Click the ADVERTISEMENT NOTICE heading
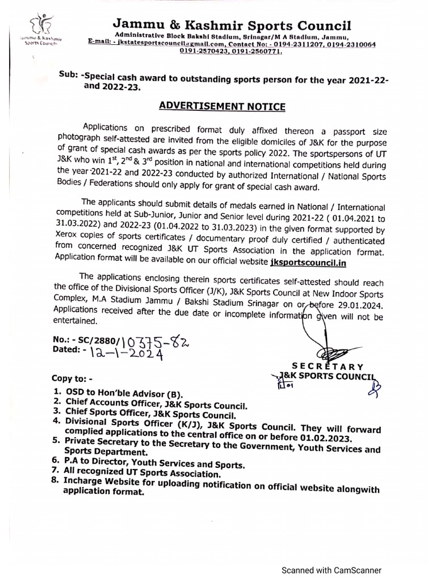click(221, 106)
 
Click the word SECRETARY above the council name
click(328, 367)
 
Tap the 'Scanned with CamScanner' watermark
click(333, 571)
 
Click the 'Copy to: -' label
click(72, 378)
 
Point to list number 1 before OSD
click(57, 393)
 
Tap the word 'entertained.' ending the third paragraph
click(76, 321)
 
